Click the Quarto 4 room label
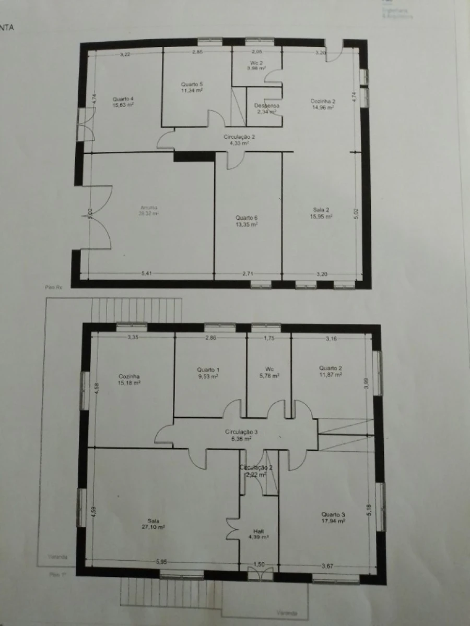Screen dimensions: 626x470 pyautogui.click(x=123, y=99)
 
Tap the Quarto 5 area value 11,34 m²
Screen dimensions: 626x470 pyautogui.click(x=192, y=90)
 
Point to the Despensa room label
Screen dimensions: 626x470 pyautogui.click(x=267, y=105)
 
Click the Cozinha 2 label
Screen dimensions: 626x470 pyautogui.click(x=323, y=101)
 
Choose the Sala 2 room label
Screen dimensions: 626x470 pyautogui.click(x=321, y=210)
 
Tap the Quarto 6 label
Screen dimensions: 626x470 pyautogui.click(x=246, y=218)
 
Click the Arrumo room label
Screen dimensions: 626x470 pyautogui.click(x=148, y=207)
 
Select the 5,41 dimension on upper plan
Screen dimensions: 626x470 pyautogui.click(x=148, y=272)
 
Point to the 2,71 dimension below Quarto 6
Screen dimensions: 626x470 pyautogui.click(x=248, y=273)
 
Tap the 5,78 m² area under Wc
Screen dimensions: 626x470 pyautogui.click(x=269, y=376)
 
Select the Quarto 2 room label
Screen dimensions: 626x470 pyautogui.click(x=331, y=368)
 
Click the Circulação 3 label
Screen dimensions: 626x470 pyautogui.click(x=241, y=431)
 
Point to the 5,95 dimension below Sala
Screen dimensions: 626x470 pyautogui.click(x=162, y=562)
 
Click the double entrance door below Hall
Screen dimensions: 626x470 pyautogui.click(x=260, y=574)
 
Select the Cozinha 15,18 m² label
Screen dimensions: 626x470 pyautogui.click(x=129, y=382)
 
